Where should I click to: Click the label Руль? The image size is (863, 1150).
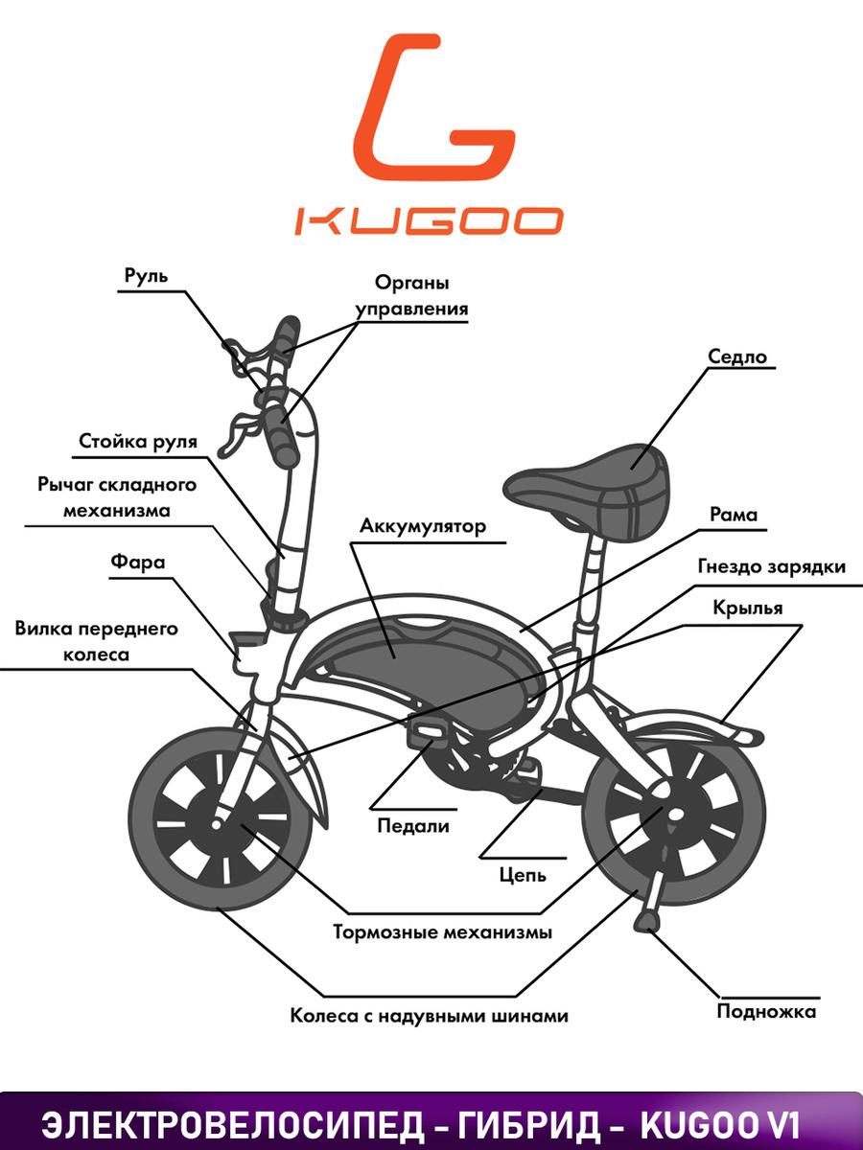click(x=146, y=276)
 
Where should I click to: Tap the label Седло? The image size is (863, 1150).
click(x=736, y=356)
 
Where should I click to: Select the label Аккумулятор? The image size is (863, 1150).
click(x=423, y=526)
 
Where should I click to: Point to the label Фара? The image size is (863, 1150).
click(x=138, y=563)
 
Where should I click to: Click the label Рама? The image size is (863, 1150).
click(x=734, y=515)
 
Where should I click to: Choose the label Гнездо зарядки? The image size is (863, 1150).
click(x=772, y=567)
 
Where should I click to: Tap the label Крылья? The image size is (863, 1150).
click(x=748, y=609)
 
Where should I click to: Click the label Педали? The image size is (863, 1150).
click(x=413, y=826)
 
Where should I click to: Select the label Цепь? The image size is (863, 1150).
click(x=523, y=875)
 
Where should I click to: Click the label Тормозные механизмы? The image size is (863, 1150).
click(x=443, y=932)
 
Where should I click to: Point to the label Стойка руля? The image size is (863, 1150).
click(x=138, y=442)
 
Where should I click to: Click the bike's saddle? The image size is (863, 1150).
click(x=588, y=491)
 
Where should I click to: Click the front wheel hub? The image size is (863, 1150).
click(x=217, y=825)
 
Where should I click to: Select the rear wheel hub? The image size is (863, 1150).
click(x=676, y=815)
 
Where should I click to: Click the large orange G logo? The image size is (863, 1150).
click(x=434, y=108)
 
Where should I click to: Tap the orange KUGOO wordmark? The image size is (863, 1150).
click(x=428, y=220)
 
